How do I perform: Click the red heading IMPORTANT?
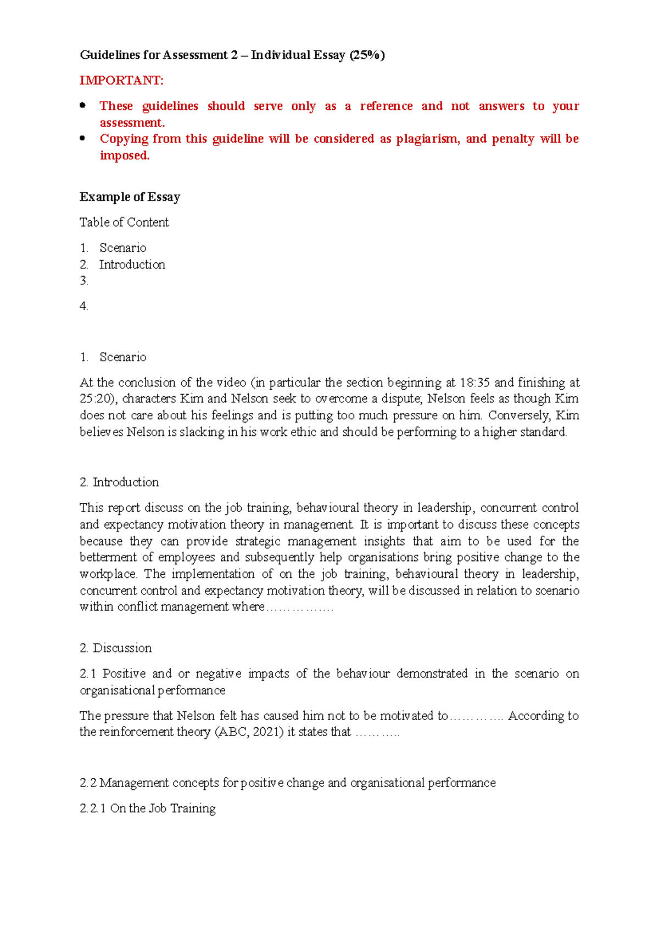[121, 81]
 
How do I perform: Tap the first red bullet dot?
[83, 105]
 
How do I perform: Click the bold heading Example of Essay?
[130, 197]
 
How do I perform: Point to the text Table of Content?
[124, 222]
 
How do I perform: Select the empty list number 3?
[83, 281]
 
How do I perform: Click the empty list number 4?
[83, 306]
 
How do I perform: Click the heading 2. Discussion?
[115, 648]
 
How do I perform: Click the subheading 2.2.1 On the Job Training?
[147, 809]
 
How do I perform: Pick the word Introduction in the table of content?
[132, 265]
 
